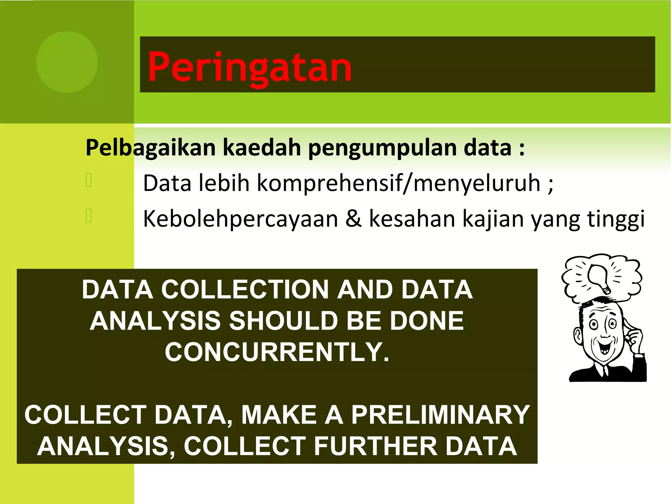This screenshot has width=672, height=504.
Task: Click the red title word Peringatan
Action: click(x=249, y=67)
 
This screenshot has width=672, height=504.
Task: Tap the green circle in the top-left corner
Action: click(x=67, y=62)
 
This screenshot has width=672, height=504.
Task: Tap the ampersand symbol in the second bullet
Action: click(x=353, y=219)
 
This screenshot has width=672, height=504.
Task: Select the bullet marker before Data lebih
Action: click(x=89, y=180)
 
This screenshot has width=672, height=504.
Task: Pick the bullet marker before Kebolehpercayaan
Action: click(x=89, y=216)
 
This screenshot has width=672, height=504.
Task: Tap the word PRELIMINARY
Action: click(x=440, y=415)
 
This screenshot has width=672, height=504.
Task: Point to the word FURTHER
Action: click(x=375, y=446)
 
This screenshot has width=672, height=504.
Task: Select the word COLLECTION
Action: click(x=245, y=289)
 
